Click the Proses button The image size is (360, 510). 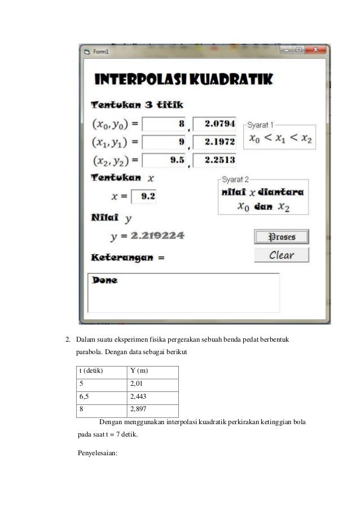click(282, 237)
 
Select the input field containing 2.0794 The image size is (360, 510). click(214, 123)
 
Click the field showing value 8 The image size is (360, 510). click(164, 123)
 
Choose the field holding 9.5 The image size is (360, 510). click(164, 160)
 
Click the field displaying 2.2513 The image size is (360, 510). click(214, 160)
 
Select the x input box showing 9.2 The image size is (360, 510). click(144, 197)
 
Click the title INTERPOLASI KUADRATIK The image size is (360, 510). click(183, 80)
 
